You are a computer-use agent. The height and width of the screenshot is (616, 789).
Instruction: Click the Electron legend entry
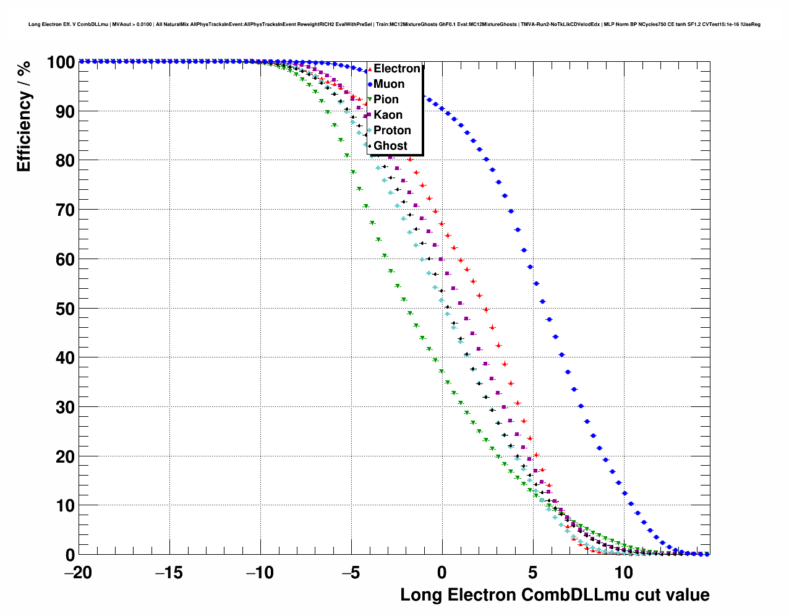396,69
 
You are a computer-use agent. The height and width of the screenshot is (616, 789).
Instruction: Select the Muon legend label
389,84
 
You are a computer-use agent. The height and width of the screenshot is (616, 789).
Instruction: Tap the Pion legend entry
386,100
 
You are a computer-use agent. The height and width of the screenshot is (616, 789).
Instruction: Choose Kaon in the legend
388,115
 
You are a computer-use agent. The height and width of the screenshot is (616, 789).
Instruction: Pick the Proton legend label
392,130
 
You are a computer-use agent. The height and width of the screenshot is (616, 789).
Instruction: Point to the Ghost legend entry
390,146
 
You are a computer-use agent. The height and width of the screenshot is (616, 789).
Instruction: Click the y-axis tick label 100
61,62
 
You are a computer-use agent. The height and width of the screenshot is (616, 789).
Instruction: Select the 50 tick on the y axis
65,309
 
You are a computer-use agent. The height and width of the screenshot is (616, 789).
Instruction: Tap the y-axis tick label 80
65,161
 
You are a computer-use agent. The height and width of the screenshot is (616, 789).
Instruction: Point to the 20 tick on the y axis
65,456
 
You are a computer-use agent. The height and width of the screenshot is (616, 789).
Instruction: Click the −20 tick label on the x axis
78,573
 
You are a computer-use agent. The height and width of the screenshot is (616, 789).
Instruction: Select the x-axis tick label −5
351,573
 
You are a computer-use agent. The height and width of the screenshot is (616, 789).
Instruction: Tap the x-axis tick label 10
623,573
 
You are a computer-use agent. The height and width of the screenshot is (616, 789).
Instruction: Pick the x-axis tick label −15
169,573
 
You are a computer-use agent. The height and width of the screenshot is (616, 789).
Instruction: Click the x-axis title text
555,595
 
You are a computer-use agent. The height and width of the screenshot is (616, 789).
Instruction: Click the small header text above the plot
394,25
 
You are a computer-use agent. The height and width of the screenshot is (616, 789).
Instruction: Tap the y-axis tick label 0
70,555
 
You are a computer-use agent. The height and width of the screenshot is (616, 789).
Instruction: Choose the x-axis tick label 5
532,573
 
